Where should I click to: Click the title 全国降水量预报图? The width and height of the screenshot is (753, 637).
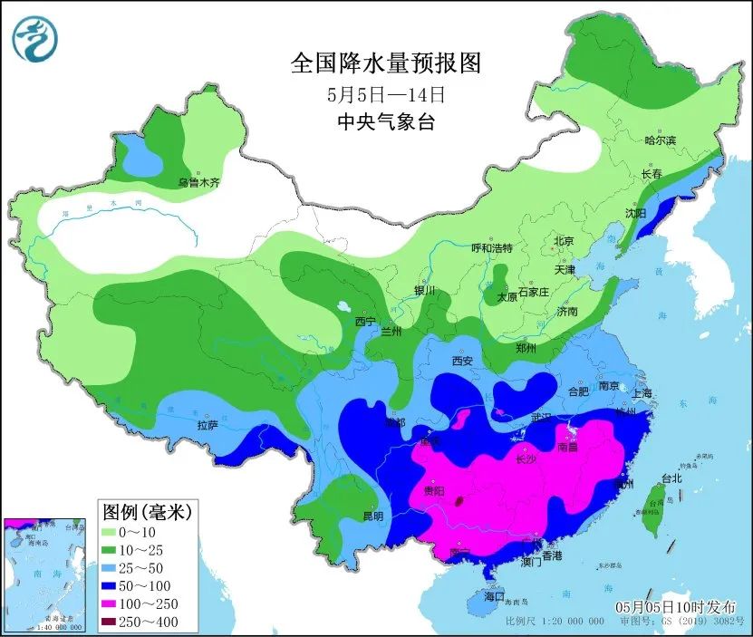tap(385, 63)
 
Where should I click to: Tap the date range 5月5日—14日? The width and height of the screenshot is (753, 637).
tap(385, 94)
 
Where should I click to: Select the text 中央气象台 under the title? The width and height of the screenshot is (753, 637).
tap(385, 122)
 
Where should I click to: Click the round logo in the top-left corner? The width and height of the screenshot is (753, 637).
tap(35, 39)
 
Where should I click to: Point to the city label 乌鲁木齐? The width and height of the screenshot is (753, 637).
tap(198, 183)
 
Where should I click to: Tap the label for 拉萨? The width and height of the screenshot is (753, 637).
tap(207, 424)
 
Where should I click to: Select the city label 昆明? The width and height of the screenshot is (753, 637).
tap(372, 516)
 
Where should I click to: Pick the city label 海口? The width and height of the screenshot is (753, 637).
tap(493, 598)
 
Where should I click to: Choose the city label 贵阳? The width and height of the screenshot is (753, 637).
tap(434, 492)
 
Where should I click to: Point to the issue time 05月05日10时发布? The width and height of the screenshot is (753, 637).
tap(674, 606)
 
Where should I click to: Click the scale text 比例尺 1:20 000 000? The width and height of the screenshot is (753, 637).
tap(555, 623)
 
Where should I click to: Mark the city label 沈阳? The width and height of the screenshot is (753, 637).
tap(635, 213)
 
